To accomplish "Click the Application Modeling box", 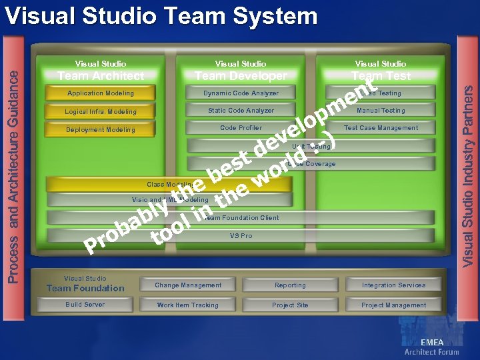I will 100,93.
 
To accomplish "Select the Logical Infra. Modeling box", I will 100,111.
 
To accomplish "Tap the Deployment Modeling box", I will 100,129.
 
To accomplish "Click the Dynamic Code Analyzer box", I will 241,93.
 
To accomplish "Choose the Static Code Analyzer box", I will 241,111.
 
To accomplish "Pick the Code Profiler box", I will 241,128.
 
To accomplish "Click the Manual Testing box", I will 381,111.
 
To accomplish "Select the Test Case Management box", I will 381,128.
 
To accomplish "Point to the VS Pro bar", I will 241,236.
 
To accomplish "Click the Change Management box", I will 188,285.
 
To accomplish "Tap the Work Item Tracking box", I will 188,305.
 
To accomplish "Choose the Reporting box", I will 290,285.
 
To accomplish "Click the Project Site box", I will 290,305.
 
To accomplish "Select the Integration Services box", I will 393,285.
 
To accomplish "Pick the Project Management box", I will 393,305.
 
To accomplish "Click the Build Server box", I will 85,305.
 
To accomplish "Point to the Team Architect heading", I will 100,76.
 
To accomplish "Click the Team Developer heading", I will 241,76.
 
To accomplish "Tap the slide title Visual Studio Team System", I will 160,16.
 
